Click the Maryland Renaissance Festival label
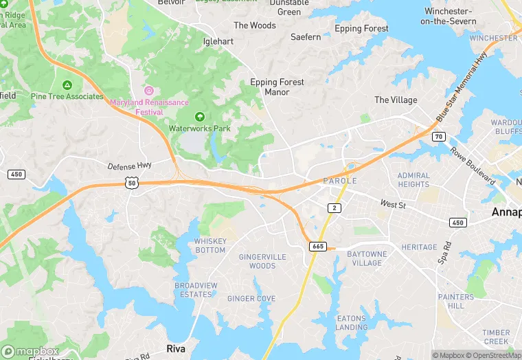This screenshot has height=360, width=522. pos(149,107)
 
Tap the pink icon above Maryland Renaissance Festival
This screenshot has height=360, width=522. pos(149,91)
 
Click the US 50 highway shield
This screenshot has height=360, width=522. pos(131,183)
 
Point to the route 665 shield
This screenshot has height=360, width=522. pos(317,246)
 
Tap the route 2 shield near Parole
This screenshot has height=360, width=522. pos(334,207)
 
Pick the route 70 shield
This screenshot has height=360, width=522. pos(439,137)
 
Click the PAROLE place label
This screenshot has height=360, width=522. pos(340,181)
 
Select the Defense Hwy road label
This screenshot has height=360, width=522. pos(128,166)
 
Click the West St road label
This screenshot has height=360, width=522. pos(393,205)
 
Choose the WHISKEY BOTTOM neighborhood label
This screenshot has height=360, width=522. pos(209,245)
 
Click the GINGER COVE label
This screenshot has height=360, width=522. pos(251,299)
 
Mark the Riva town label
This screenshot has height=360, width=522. pos(176,349)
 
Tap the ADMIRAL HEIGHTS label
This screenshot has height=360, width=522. pos(413,180)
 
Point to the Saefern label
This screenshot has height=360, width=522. pos(306,37)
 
